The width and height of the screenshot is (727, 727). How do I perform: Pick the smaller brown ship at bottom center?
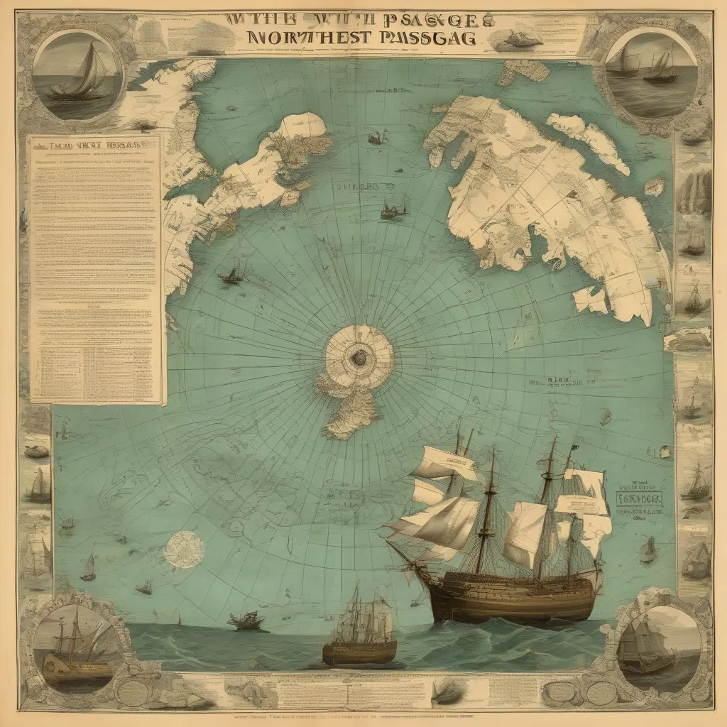pyautogui.click(x=359, y=643)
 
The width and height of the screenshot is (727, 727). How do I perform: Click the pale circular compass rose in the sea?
pyautogui.click(x=184, y=549)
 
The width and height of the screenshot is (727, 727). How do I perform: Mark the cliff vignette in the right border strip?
pyautogui.click(x=695, y=189)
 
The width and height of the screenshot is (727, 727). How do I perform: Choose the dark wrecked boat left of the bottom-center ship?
pyautogui.click(x=246, y=621)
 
